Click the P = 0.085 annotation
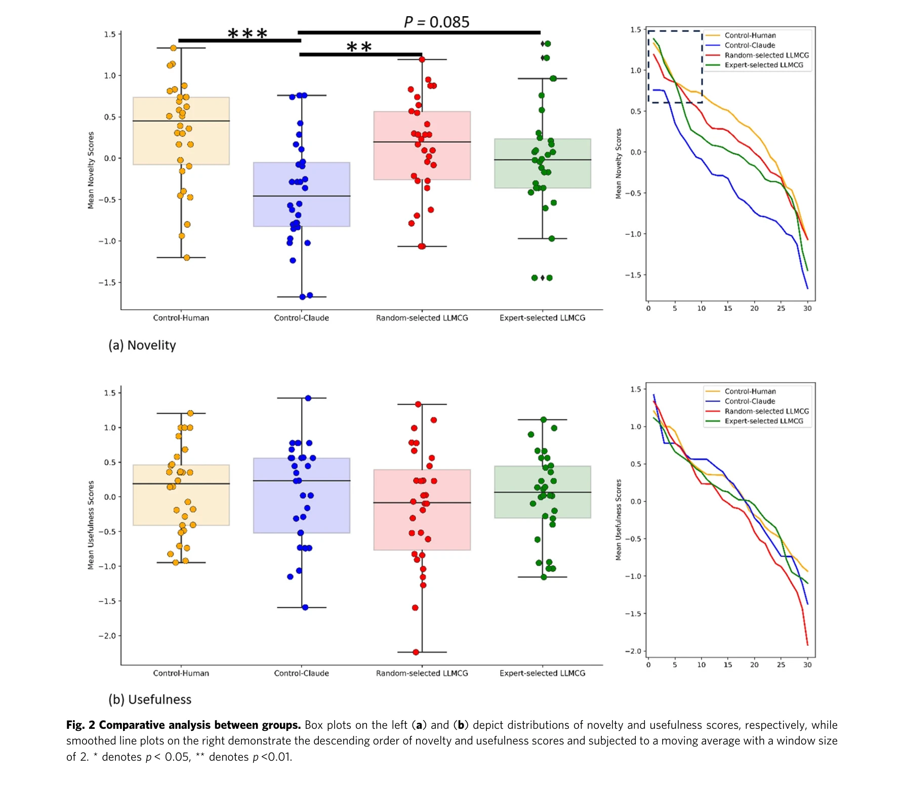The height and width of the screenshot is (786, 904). (436, 22)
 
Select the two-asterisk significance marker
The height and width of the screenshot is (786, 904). (359, 48)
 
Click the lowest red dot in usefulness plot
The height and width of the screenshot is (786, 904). (416, 652)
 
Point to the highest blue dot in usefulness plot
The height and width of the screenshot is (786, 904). (308, 398)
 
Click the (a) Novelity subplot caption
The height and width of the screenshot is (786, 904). (142, 345)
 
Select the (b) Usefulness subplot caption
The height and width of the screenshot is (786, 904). (150, 699)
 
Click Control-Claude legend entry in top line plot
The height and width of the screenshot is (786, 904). (749, 46)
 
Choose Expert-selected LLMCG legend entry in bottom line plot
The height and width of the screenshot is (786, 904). (763, 421)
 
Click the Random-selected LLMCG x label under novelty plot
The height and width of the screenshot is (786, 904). (422, 318)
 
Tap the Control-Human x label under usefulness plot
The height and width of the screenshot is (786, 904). (181, 673)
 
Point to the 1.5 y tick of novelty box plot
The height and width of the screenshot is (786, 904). (109, 34)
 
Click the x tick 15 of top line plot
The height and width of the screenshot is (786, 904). (727, 308)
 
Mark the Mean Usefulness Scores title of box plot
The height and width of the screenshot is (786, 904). (91, 525)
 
